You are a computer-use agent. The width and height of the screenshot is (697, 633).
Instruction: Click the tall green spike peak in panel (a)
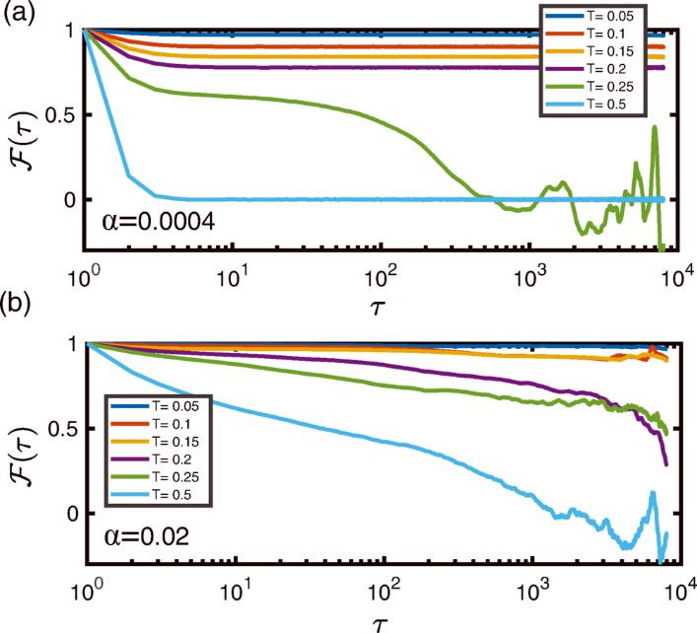[x=654, y=126]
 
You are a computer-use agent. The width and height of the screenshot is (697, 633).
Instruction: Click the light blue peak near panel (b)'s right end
[x=652, y=492]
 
